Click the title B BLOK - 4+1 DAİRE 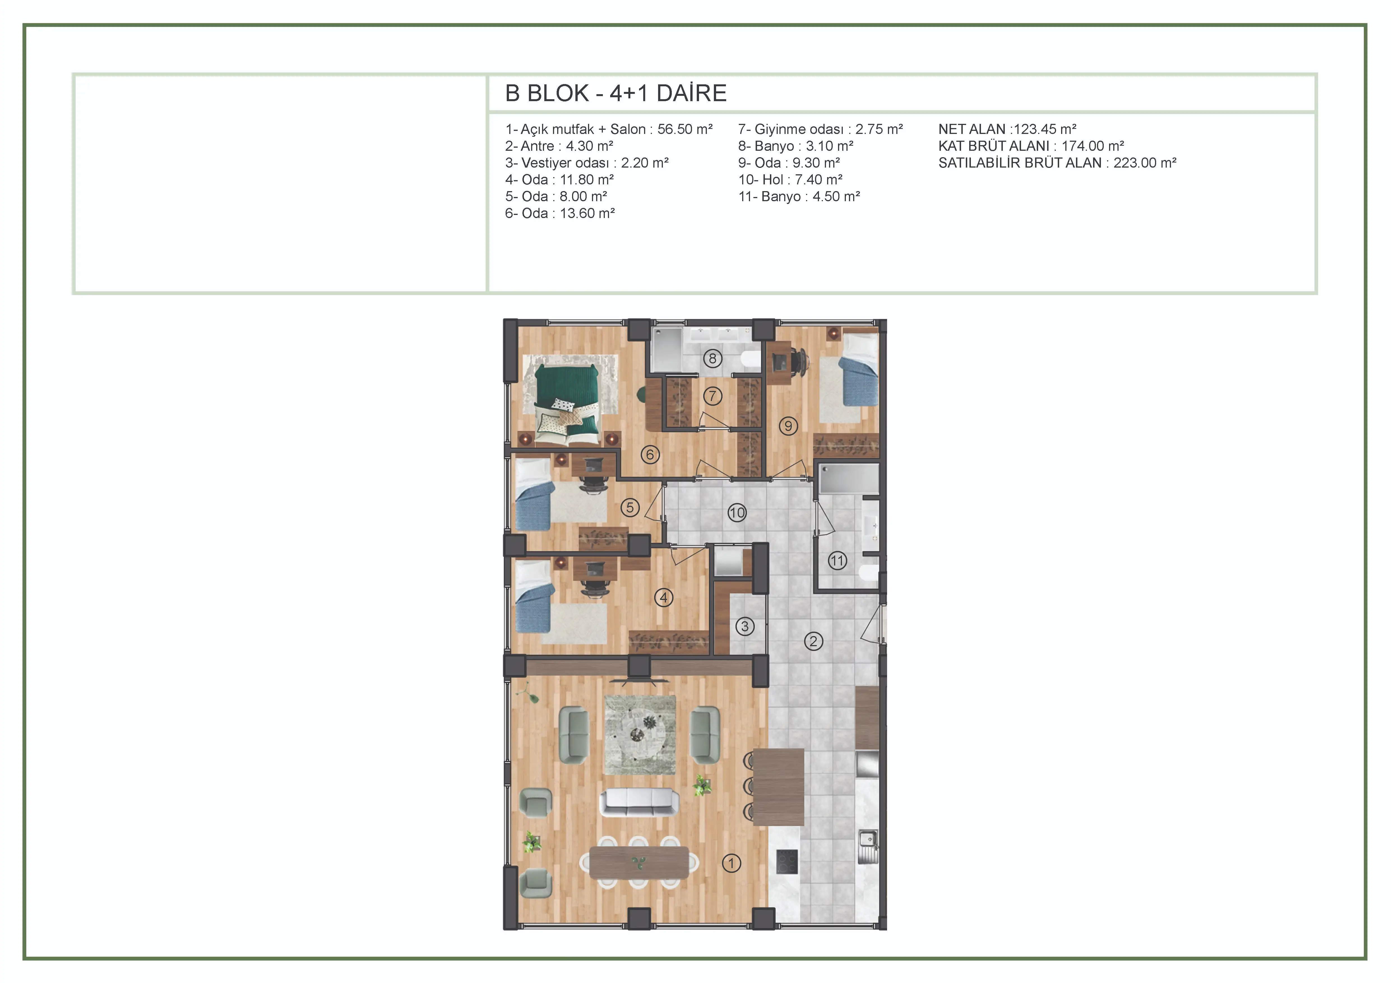(615, 93)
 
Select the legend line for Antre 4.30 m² (559, 146)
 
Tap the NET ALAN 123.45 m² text (1008, 129)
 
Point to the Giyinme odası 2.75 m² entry (820, 129)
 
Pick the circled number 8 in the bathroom (712, 359)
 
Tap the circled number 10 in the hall (737, 513)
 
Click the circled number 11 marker (837, 561)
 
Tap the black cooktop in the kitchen (787, 861)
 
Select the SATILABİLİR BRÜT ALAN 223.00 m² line (1057, 163)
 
